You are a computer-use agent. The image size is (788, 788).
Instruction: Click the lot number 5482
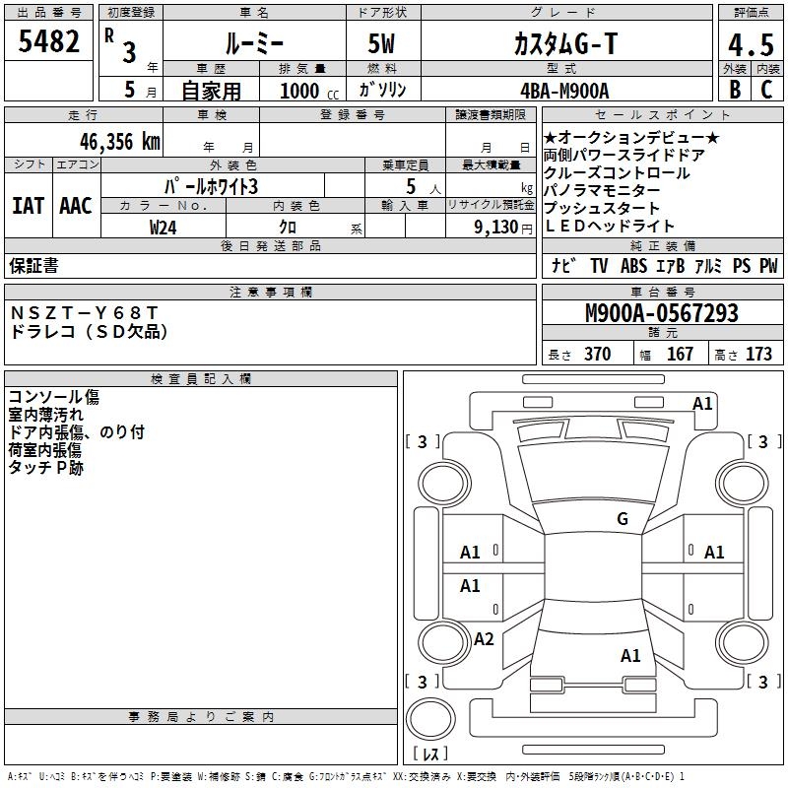click(48, 41)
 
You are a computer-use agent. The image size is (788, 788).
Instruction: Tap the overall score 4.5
click(751, 44)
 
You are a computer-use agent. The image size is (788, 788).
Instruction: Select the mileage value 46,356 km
click(119, 142)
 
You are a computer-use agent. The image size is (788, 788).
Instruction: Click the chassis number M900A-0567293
click(662, 313)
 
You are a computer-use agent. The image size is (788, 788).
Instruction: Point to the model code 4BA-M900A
click(564, 91)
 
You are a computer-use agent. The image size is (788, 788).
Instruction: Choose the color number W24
click(163, 228)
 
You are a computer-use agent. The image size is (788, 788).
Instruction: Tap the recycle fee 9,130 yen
click(503, 228)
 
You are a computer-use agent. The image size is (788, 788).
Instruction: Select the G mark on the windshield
click(623, 519)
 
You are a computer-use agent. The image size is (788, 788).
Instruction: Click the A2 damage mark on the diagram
click(484, 639)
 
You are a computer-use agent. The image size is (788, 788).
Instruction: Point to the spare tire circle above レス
click(430, 719)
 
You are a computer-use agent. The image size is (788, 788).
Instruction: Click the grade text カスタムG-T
click(565, 43)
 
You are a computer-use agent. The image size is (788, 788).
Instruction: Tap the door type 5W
click(381, 43)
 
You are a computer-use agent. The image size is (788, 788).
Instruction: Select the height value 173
click(758, 354)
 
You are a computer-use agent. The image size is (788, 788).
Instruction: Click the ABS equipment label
click(633, 266)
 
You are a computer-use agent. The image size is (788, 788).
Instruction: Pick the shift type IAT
click(28, 206)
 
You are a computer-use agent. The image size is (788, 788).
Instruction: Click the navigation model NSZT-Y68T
click(84, 313)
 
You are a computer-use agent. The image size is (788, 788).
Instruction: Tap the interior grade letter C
click(766, 90)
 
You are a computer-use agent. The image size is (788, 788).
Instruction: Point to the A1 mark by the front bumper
click(702, 404)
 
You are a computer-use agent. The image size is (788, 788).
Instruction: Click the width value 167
click(680, 354)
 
